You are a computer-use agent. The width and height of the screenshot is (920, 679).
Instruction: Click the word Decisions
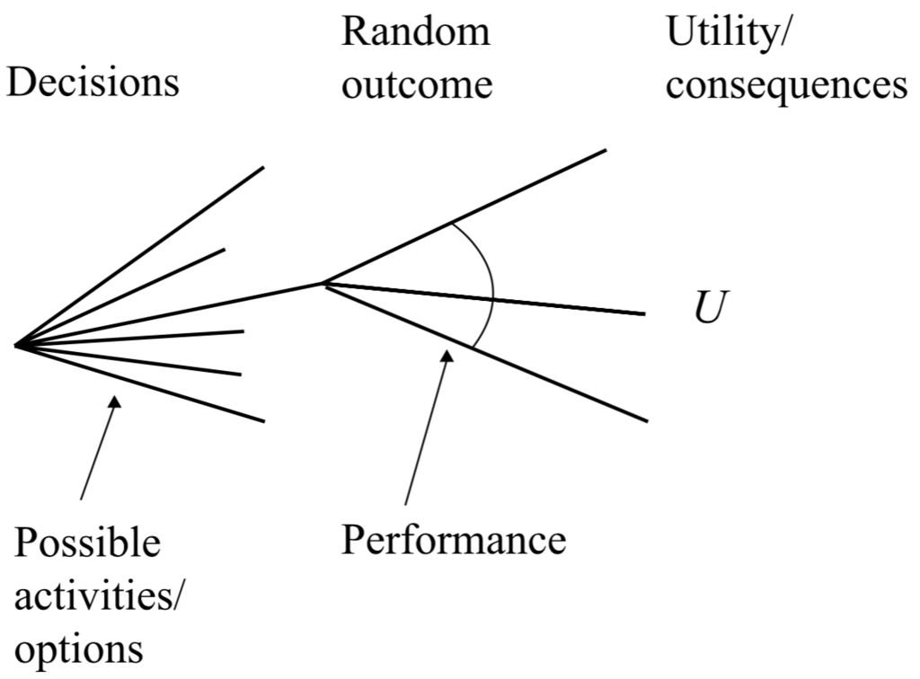(93, 83)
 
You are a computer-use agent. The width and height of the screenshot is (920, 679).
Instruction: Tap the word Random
(416, 33)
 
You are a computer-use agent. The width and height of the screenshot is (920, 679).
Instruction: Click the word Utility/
(733, 33)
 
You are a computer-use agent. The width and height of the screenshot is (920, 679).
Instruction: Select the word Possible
(87, 544)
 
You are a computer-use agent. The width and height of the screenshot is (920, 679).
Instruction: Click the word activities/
(100, 595)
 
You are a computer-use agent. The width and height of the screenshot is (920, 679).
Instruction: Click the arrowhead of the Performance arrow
(446, 357)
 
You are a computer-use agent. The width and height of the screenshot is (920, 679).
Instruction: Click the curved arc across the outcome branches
(491, 286)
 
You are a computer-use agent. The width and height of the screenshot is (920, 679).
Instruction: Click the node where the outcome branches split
(323, 284)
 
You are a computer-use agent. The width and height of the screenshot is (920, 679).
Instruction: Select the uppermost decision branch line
(144, 253)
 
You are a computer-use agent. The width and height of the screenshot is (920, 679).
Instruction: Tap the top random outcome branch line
(467, 216)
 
